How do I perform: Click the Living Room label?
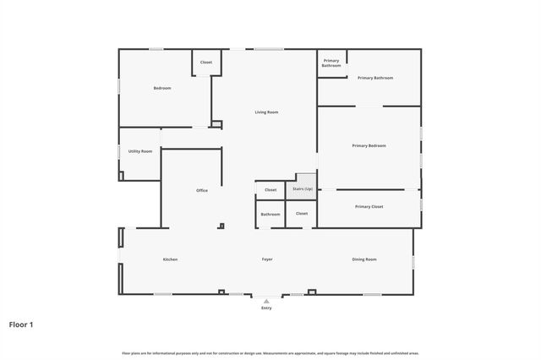[x=266, y=112]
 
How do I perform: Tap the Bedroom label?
[x=162, y=89]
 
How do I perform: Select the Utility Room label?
[x=140, y=151]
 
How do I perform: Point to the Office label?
[x=202, y=190]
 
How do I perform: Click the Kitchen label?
[x=170, y=259]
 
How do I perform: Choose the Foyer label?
[x=267, y=259]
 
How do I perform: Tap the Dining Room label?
[x=364, y=259]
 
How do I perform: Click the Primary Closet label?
[x=369, y=206]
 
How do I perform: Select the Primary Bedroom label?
[x=369, y=146]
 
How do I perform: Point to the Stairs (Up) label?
[x=303, y=188]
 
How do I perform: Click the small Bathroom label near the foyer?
[x=270, y=214]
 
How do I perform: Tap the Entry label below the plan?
[x=266, y=308]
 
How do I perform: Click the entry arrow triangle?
[x=266, y=300]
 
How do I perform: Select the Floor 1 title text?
[x=21, y=324]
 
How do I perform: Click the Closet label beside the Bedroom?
[x=206, y=63]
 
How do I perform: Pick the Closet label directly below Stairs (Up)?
[x=302, y=213]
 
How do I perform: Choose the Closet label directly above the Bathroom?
[x=270, y=190]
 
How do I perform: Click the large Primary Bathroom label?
[x=375, y=78]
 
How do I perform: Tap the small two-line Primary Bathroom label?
[x=331, y=63]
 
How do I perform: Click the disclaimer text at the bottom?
[x=270, y=353]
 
